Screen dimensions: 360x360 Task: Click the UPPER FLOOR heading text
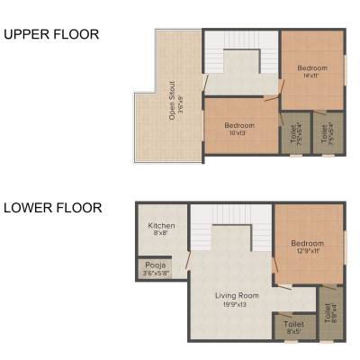[51, 35]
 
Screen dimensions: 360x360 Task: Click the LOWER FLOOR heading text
[53, 208]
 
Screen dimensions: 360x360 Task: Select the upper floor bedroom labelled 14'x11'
[311, 71]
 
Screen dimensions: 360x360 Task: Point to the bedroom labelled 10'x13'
[239, 129]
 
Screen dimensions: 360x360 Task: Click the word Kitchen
[162, 225]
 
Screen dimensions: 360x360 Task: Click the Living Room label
[237, 295]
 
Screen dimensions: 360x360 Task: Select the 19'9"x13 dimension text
[237, 304]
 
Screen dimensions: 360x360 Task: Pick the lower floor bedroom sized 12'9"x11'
[307, 246]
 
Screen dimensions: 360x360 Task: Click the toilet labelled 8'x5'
[293, 327]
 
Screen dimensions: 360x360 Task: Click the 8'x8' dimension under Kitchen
[162, 233]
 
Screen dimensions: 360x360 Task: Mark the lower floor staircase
[229, 229]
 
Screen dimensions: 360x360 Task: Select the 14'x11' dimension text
[312, 76]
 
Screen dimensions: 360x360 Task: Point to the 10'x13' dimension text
[239, 133]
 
